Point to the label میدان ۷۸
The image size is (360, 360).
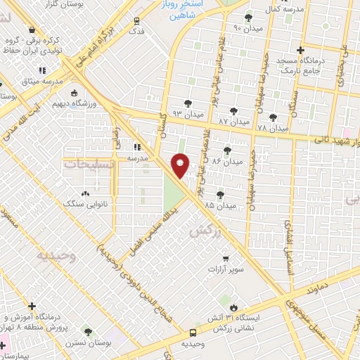pyautogui.click(x=274, y=128)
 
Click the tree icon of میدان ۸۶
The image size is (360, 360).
pyautogui.click(x=226, y=150)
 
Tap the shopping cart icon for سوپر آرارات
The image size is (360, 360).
pyautogui.click(x=226, y=259)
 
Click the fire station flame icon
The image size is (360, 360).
pyautogui.click(x=234, y=307)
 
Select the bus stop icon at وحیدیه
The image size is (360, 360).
pyautogui.click(x=193, y=333)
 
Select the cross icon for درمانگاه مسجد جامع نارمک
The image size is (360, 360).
pyautogui.click(x=300, y=50)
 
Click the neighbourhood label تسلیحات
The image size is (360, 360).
pyautogui.click(x=84, y=163)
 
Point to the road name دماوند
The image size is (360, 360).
pyautogui.click(x=332, y=280)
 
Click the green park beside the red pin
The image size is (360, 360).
pyautogui.click(x=172, y=190)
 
